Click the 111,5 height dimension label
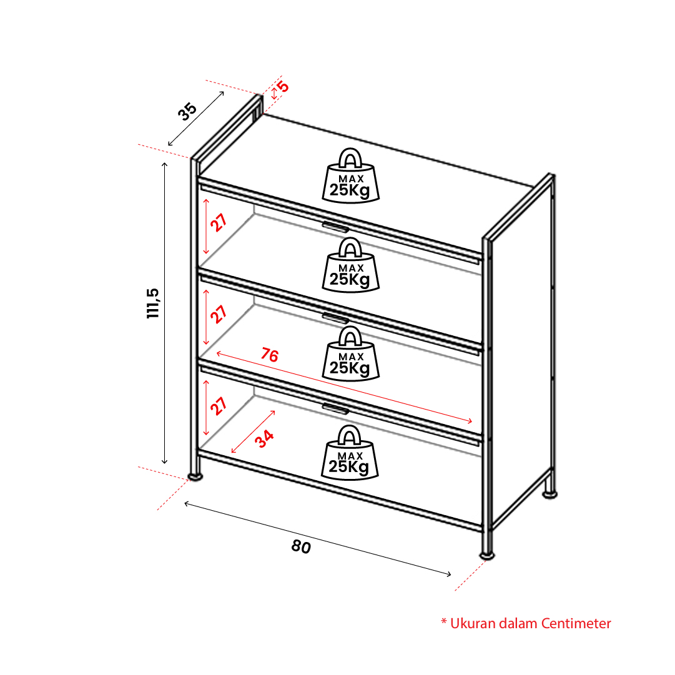coord(153,303)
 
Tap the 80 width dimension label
coord(301,547)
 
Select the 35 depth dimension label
coord(187,112)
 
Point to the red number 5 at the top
coord(283,87)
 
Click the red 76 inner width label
coord(270,355)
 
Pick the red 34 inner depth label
coord(264,438)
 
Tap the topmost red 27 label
coord(219,222)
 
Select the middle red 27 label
coord(219,314)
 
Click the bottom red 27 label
coord(219,405)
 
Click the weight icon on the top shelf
coord(350,175)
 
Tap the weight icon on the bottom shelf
coord(350,452)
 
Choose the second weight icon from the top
coord(350,265)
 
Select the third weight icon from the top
coord(350,353)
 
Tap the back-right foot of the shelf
coord(549,495)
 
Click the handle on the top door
coord(336,227)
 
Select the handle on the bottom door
coord(336,408)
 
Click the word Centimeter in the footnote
coord(576,623)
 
